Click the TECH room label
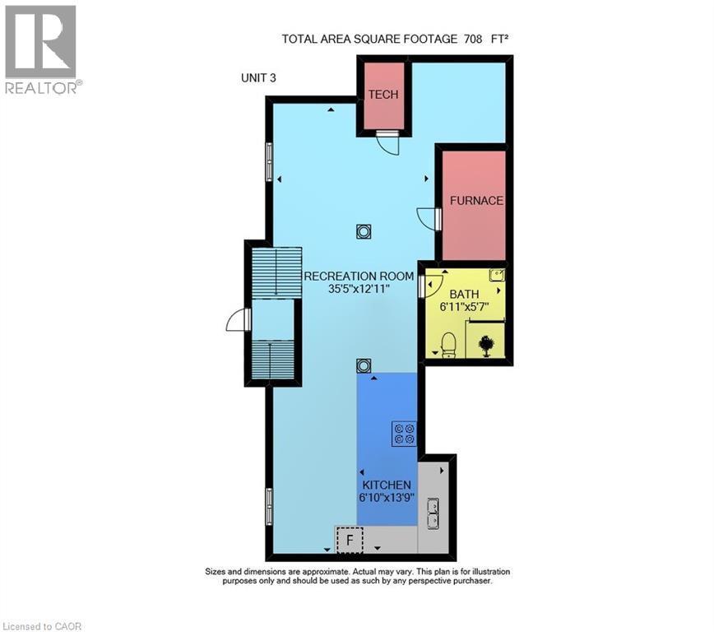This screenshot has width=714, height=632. [x=382, y=95]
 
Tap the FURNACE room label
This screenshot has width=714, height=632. [x=475, y=200]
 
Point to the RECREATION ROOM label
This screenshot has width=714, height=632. [x=359, y=276]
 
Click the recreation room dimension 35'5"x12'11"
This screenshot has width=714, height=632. [x=359, y=290]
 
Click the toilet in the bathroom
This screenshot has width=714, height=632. [x=448, y=345]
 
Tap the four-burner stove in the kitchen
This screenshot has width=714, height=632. [x=403, y=433]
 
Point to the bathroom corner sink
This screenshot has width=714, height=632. [x=496, y=276]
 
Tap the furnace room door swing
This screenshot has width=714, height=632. [x=429, y=219]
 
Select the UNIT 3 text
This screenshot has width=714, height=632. [x=257, y=78]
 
